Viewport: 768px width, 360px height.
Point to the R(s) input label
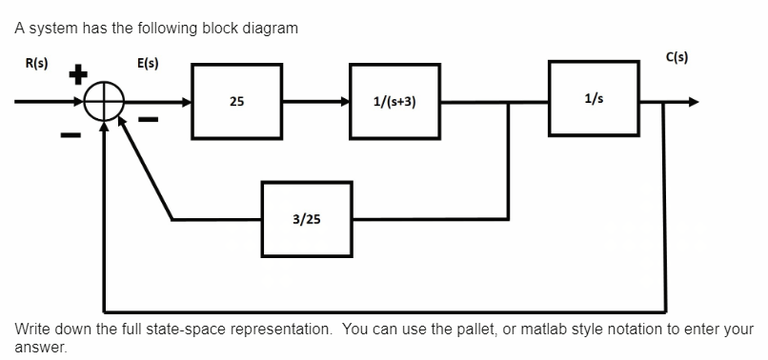[36, 64]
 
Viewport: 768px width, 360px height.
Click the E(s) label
[148, 64]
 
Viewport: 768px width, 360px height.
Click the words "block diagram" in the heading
[253, 28]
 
